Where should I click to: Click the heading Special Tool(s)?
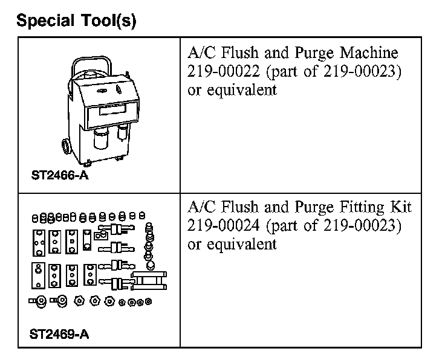(x=77, y=21)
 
